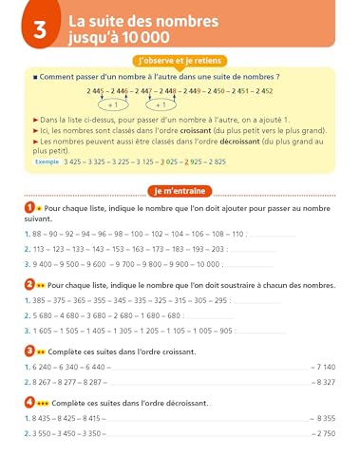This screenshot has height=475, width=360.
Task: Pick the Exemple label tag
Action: (x=44, y=162)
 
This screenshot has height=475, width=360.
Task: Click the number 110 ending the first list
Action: (x=234, y=234)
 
